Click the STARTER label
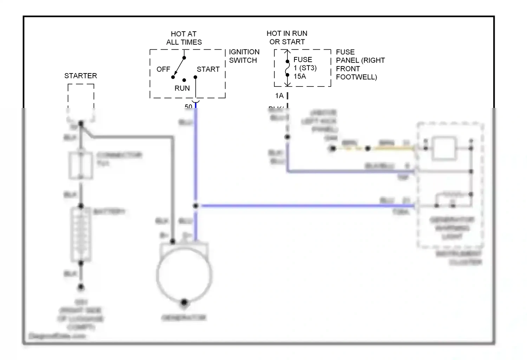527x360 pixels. (x=80, y=76)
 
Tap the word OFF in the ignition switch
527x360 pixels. (x=163, y=69)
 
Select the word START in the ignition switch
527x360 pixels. (x=208, y=69)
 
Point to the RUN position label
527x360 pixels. (x=182, y=88)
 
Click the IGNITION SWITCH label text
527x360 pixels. (x=244, y=56)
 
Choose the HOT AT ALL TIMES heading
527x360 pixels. (x=184, y=38)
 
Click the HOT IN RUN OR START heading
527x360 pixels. (x=287, y=38)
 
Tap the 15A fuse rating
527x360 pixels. (x=300, y=76)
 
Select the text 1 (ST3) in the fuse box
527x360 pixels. (x=305, y=68)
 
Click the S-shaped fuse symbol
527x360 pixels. (x=287, y=68)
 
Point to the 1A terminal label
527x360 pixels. (x=279, y=96)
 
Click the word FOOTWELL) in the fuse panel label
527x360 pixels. (x=356, y=77)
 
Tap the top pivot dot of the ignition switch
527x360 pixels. (x=184, y=58)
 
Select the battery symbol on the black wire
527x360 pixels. (x=81, y=234)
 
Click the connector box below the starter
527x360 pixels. (x=81, y=165)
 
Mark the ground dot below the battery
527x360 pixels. (x=81, y=287)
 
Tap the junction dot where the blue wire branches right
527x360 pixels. (x=196, y=206)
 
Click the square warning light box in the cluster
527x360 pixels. (x=445, y=149)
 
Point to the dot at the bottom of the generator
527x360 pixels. (x=184, y=302)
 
